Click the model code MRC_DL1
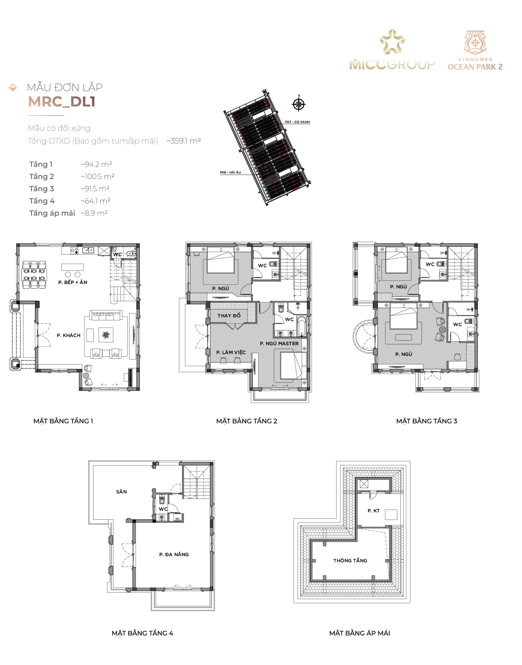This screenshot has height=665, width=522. click(x=62, y=102)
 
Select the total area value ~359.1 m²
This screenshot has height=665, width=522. click(x=184, y=141)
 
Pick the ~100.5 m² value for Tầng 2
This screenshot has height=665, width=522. click(x=98, y=177)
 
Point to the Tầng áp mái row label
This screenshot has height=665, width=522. click(x=52, y=213)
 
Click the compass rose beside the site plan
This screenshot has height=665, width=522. click(x=299, y=104)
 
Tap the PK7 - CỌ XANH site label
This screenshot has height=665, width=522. click(x=297, y=122)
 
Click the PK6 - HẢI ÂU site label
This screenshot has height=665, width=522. click(x=230, y=172)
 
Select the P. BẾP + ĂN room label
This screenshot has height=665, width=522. click(x=73, y=282)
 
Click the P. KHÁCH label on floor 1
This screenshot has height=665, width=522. click(x=68, y=335)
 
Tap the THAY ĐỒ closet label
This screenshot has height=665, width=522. click(x=229, y=316)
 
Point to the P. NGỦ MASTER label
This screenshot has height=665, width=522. click(x=279, y=344)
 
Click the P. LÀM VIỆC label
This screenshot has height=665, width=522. click(x=231, y=353)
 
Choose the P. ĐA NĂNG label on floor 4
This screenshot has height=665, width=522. click(x=174, y=554)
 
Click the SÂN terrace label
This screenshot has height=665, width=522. click(x=121, y=491)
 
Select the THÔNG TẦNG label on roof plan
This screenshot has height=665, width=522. click(x=350, y=560)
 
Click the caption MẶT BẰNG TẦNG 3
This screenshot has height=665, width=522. click(x=427, y=421)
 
